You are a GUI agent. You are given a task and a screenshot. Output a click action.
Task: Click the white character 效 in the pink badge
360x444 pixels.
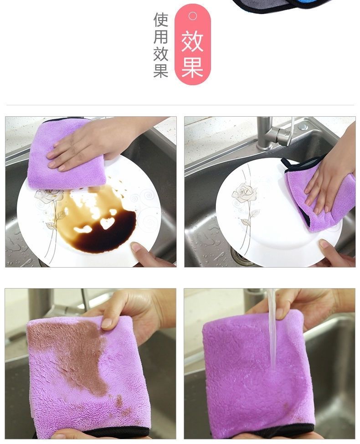(192, 42)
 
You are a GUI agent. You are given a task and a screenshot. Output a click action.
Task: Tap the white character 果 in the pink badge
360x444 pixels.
(192, 67)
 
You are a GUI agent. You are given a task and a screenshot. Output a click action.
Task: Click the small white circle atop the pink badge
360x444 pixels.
(193, 16)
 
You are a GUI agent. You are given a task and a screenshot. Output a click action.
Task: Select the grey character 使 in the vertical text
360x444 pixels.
(161, 20)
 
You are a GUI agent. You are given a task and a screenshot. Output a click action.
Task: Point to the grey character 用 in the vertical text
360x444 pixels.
(161, 37)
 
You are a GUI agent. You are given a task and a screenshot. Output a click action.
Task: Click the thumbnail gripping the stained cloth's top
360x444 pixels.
(107, 323)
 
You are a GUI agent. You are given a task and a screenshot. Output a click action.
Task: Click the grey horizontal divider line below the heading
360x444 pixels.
(180, 105)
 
